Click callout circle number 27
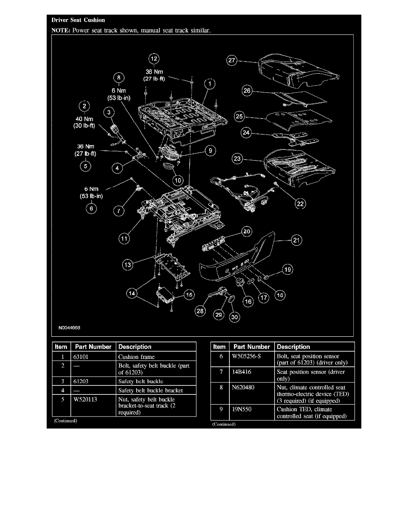tap(232, 61)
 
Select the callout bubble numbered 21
tap(296, 240)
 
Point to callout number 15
tap(189, 294)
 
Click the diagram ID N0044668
tap(69, 329)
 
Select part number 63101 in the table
tap(81, 356)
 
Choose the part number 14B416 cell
tap(242, 372)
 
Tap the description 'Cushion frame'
tap(136, 356)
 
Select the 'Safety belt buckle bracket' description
tap(150, 390)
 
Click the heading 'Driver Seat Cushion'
tap(78, 20)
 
